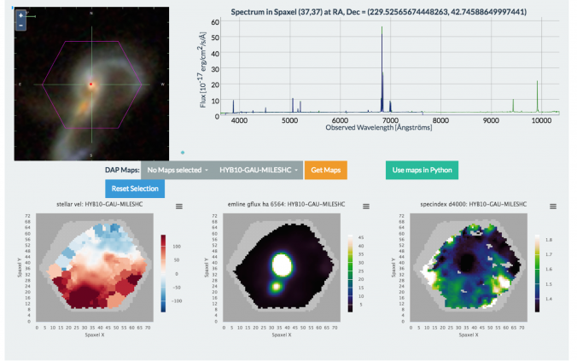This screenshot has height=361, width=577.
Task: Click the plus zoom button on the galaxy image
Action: [x=20, y=15]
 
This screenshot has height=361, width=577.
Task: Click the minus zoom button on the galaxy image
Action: [x=20, y=26]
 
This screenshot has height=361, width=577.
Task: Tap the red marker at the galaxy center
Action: [x=91, y=84]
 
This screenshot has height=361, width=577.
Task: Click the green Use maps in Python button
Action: [x=421, y=170]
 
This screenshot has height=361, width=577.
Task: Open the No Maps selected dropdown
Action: [x=176, y=170]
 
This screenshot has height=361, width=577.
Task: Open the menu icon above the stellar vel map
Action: [x=179, y=207]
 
